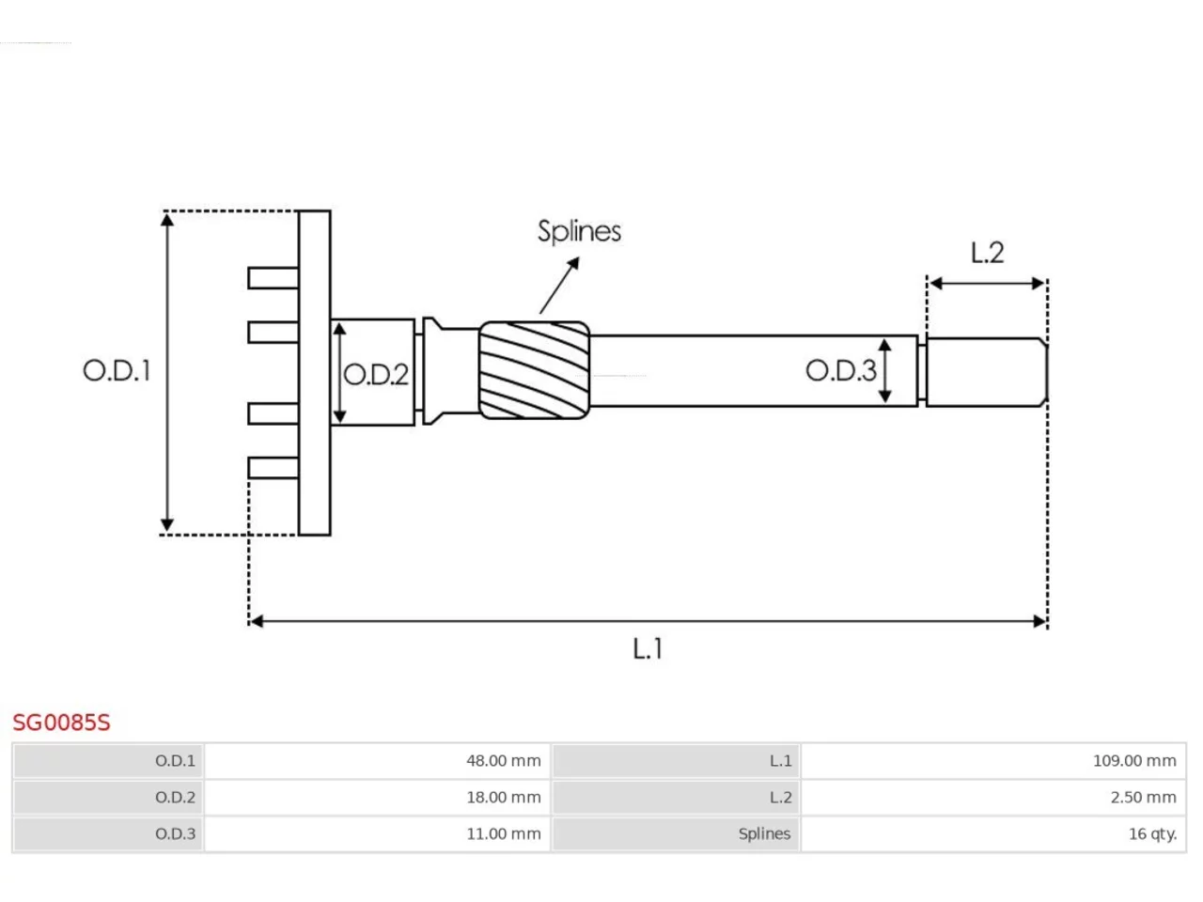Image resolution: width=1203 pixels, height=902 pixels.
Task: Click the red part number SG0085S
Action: click(x=61, y=723)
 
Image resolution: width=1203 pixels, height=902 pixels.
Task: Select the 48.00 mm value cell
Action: click(x=377, y=761)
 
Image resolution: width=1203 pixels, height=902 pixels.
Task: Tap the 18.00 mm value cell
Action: click(x=377, y=798)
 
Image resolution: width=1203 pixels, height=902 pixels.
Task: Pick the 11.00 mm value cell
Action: click(x=377, y=833)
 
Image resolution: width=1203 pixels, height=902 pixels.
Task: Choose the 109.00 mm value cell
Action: click(x=993, y=761)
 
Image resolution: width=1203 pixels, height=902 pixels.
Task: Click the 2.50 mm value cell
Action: click(x=993, y=798)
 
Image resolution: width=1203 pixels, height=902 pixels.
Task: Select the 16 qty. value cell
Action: click(x=993, y=833)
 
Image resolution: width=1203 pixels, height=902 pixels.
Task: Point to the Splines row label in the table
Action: click(x=764, y=833)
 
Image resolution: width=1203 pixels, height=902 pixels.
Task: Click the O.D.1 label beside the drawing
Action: click(x=117, y=371)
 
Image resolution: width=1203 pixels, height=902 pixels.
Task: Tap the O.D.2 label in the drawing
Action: click(x=376, y=375)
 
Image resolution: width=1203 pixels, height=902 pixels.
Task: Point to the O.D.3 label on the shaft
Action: click(x=841, y=371)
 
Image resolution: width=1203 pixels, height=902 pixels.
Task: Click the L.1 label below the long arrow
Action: click(x=648, y=648)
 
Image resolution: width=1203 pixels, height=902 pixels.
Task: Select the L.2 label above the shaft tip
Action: click(x=987, y=253)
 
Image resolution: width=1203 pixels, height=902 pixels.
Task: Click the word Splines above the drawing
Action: click(x=579, y=232)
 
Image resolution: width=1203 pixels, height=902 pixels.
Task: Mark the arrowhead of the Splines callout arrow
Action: click(x=574, y=263)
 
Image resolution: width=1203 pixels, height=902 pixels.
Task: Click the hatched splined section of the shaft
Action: click(x=535, y=371)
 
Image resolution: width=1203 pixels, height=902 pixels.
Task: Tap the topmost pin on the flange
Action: click(x=273, y=278)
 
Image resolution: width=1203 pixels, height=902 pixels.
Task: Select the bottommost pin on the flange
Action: click(x=273, y=468)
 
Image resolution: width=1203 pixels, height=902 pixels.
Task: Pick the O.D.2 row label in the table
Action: click(x=175, y=798)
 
